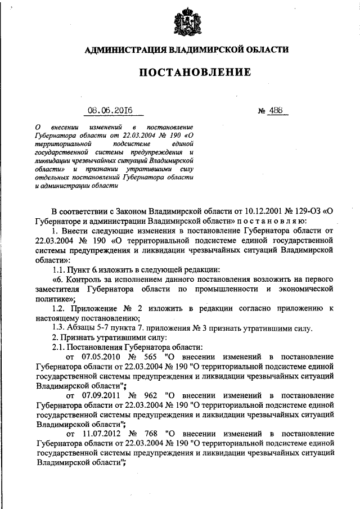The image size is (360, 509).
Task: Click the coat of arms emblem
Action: pos(186,21)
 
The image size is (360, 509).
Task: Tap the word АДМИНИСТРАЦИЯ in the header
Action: pos(120,50)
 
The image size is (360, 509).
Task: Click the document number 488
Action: pos(276,111)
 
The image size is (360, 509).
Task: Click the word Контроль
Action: pos(87,279)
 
